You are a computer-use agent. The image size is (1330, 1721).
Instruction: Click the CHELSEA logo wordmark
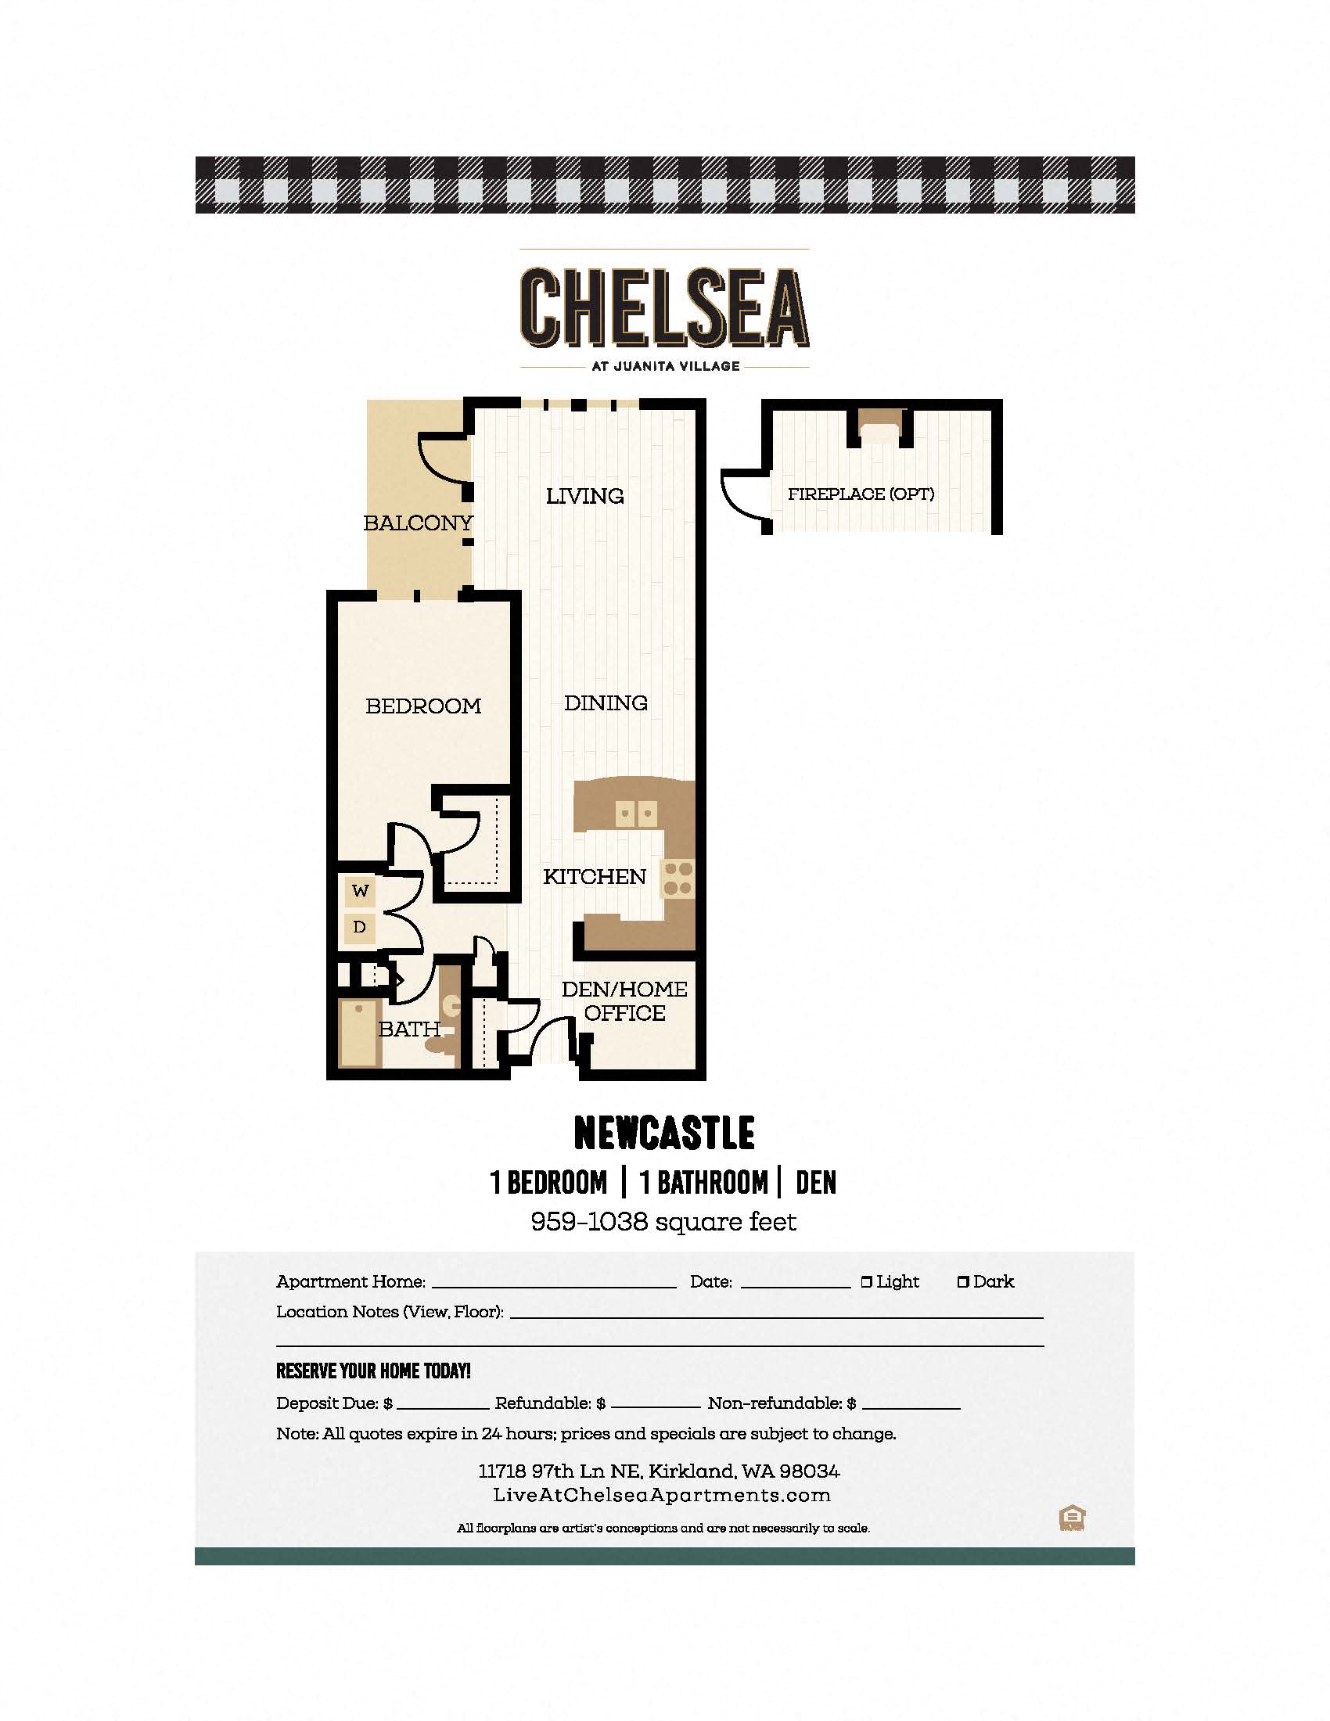pos(664,307)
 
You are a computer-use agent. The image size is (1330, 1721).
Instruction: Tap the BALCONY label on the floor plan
pos(418,523)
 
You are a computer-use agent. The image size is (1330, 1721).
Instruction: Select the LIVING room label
pos(584,496)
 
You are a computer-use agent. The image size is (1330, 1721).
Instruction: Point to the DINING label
pos(606,703)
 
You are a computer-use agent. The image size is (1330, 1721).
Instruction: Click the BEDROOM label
pos(423,706)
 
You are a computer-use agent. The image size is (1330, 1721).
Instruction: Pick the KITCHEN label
pos(594,876)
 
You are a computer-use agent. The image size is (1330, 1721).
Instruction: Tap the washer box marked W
pos(360,891)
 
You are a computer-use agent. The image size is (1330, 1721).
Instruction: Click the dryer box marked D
pos(360,927)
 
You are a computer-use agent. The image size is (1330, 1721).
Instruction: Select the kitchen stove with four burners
pos(678,878)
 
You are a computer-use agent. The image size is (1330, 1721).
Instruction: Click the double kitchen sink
pos(636,814)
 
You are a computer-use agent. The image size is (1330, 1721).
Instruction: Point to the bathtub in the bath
pos(359,1033)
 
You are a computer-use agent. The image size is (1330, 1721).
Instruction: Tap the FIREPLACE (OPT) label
pos(861,494)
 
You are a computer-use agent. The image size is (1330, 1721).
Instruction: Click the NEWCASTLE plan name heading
pos(664,1134)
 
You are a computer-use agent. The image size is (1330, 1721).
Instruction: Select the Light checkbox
pos(867,1282)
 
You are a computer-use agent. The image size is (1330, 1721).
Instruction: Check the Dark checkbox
pos(963,1282)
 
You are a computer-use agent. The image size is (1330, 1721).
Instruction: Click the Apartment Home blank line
pos(554,1288)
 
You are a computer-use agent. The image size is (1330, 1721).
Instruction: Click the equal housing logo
pos(1073,1518)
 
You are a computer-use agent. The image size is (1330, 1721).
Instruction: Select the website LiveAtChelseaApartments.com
pos(662,1496)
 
